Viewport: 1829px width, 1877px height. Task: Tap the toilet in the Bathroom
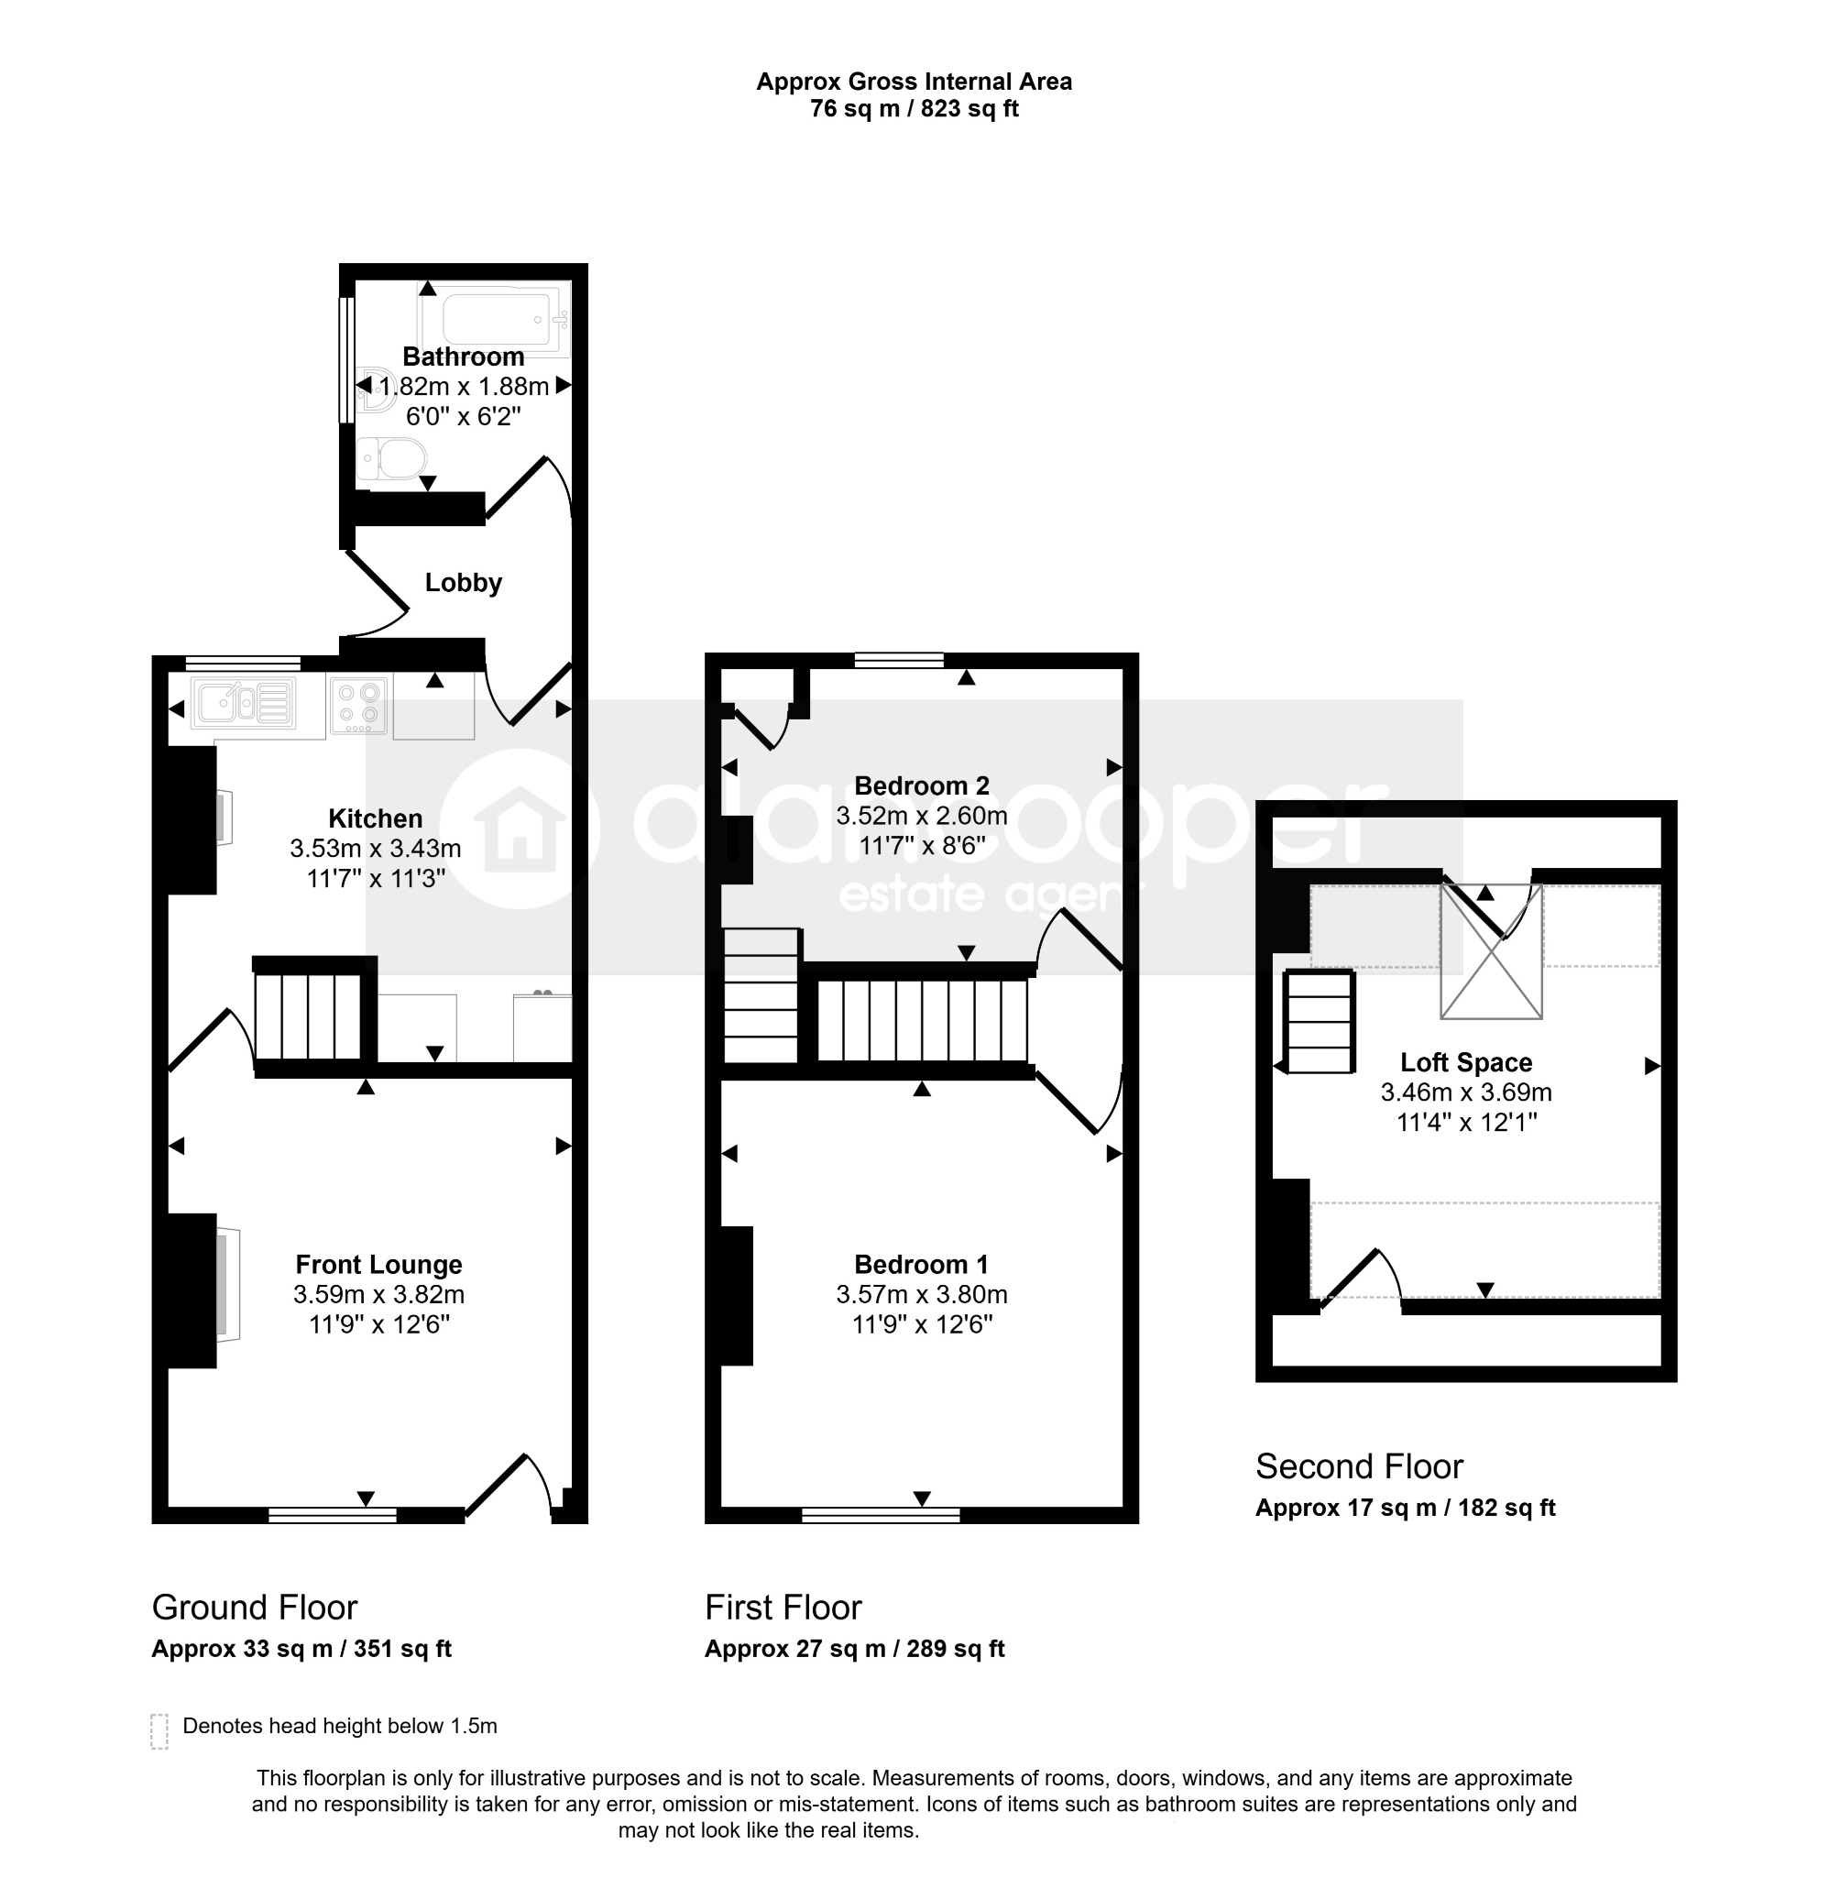click(x=392, y=459)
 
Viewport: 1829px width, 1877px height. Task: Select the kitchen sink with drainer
click(x=243, y=703)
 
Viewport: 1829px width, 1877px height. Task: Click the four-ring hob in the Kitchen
click(x=358, y=705)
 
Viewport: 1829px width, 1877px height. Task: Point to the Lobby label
click(x=463, y=583)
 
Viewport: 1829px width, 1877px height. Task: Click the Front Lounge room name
click(x=378, y=1265)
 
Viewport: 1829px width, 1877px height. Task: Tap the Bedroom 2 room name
click(x=921, y=785)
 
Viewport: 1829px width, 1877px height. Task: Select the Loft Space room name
click(x=1466, y=1062)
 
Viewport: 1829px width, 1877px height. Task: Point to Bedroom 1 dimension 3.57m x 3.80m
click(x=921, y=1295)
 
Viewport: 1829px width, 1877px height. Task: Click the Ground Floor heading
click(x=255, y=1608)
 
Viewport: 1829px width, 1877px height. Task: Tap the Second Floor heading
click(x=1359, y=1466)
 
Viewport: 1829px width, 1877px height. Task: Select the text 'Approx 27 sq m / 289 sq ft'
click(x=854, y=1650)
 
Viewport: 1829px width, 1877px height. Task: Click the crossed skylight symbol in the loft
click(x=1491, y=951)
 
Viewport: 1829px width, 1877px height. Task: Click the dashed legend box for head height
click(x=159, y=1731)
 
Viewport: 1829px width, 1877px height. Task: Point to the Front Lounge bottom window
click(x=333, y=1515)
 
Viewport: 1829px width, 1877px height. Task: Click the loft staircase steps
click(x=1320, y=1021)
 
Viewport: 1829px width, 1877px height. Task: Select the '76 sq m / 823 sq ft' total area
click(x=914, y=108)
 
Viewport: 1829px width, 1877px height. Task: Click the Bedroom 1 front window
click(x=881, y=1515)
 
